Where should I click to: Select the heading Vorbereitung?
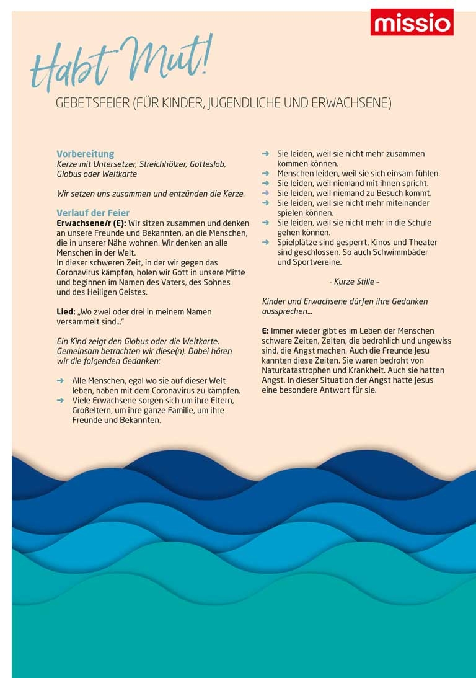click(86, 154)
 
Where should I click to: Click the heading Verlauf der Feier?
click(93, 213)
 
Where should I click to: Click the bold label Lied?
click(66, 311)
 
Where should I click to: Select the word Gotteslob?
click(208, 164)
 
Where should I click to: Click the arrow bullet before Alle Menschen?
click(60, 380)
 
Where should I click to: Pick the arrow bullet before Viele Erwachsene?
click(60, 400)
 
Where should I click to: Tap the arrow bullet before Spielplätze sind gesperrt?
click(265, 243)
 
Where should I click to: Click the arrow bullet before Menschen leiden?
click(265, 174)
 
